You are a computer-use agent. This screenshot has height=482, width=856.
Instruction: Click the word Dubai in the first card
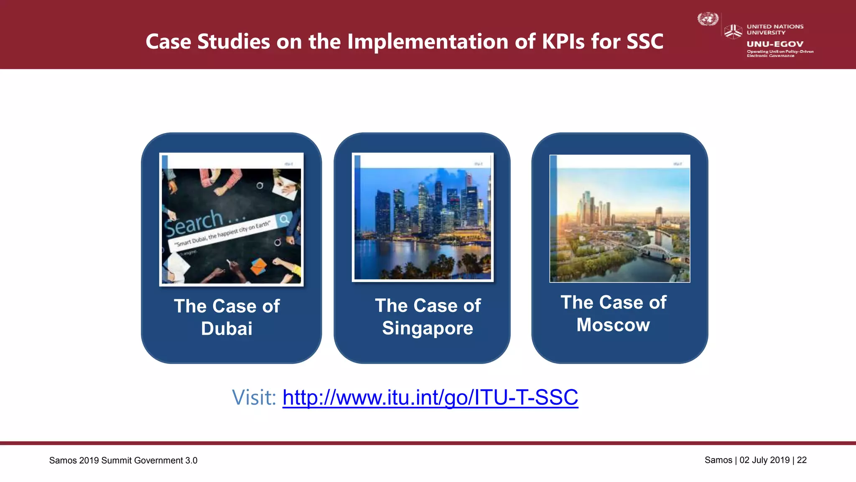(x=227, y=329)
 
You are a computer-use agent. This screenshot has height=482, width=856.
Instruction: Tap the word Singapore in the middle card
(x=428, y=328)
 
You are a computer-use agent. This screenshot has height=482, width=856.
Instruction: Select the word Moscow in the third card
(x=613, y=325)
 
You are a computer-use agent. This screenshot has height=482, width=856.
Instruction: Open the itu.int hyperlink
(x=430, y=397)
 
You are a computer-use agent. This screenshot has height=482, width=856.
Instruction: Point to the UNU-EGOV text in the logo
(x=775, y=44)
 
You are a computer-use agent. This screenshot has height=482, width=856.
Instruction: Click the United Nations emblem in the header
(x=708, y=19)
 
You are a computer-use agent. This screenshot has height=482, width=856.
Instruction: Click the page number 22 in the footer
(x=802, y=460)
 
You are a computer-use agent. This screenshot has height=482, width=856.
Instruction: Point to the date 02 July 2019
(x=764, y=460)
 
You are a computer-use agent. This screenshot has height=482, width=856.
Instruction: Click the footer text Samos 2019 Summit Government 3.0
(x=123, y=460)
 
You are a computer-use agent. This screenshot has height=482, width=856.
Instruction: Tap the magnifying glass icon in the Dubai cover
(x=284, y=219)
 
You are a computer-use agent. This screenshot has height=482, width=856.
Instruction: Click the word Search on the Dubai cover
(x=193, y=223)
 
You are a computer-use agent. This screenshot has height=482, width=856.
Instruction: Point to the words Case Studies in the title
(x=208, y=41)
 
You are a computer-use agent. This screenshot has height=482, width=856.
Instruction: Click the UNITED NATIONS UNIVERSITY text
(x=775, y=29)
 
